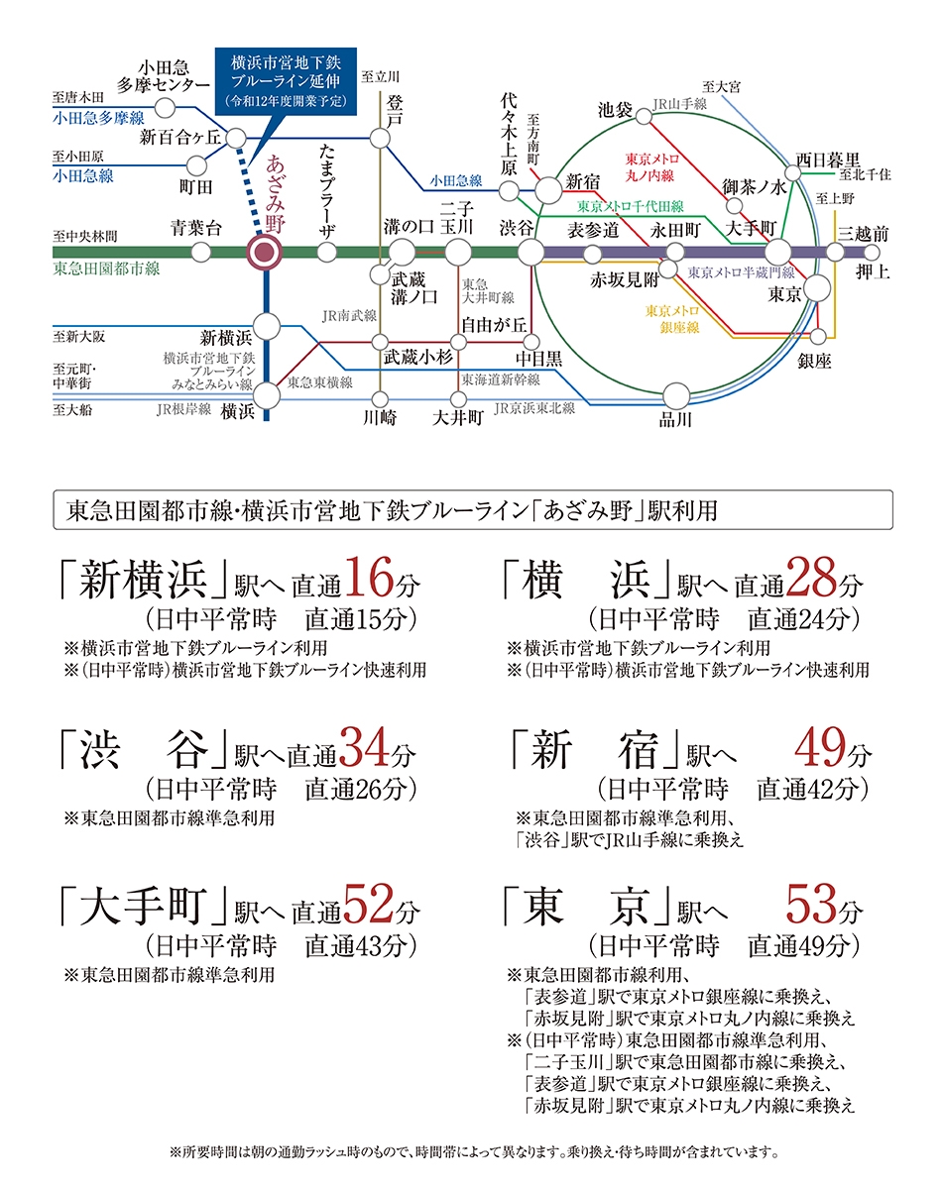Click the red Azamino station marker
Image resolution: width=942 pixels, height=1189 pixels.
click(265, 253)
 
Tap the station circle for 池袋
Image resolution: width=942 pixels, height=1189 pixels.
click(644, 117)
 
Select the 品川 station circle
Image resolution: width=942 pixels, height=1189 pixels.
click(676, 396)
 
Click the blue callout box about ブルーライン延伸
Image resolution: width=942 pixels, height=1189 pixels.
click(286, 81)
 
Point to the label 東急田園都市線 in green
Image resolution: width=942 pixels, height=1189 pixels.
click(106, 270)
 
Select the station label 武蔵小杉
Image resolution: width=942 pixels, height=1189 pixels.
click(418, 358)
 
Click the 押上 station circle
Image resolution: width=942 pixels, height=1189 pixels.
click(872, 253)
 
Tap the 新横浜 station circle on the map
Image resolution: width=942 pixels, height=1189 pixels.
click(267, 327)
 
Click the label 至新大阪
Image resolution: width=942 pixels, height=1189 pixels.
click(78, 337)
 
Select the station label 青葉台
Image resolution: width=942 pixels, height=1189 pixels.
click(195, 228)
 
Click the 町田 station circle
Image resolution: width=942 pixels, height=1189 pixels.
click(196, 165)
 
